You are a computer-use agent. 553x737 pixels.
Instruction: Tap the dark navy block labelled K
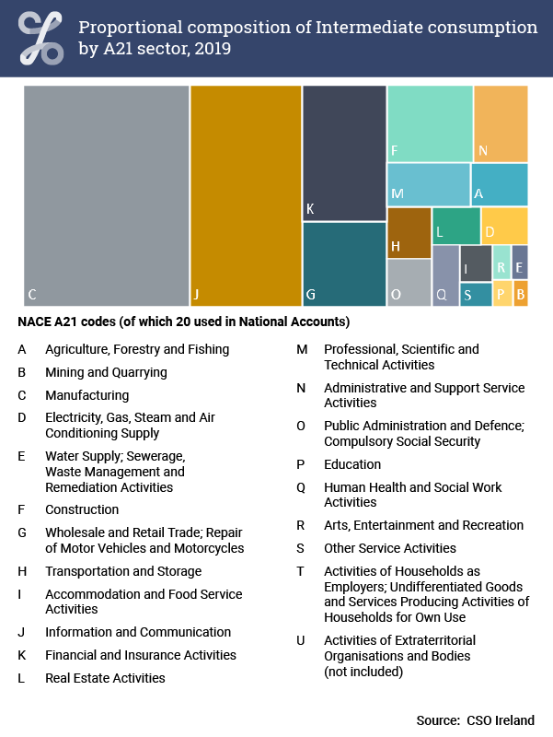coord(344,153)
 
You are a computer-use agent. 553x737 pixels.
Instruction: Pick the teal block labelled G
coord(344,264)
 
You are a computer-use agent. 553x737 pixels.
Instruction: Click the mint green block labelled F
coord(430,123)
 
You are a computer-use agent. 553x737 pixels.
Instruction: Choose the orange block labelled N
coord(501,123)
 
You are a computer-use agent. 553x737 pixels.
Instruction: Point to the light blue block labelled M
coord(428,185)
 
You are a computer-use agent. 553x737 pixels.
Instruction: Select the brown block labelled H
coord(409,233)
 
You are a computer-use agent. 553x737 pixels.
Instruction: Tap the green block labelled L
coord(455,226)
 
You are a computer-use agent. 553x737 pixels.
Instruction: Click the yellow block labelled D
coord(504,226)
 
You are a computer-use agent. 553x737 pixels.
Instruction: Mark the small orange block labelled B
coord(521,294)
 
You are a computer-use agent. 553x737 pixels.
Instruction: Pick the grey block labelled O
coord(409,283)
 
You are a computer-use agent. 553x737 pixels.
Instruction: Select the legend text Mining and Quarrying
coord(106,372)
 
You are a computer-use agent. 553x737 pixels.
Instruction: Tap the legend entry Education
coord(352,464)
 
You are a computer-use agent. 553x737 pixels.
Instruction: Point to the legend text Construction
coord(82,509)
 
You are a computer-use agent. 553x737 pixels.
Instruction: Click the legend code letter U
coord(301,640)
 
